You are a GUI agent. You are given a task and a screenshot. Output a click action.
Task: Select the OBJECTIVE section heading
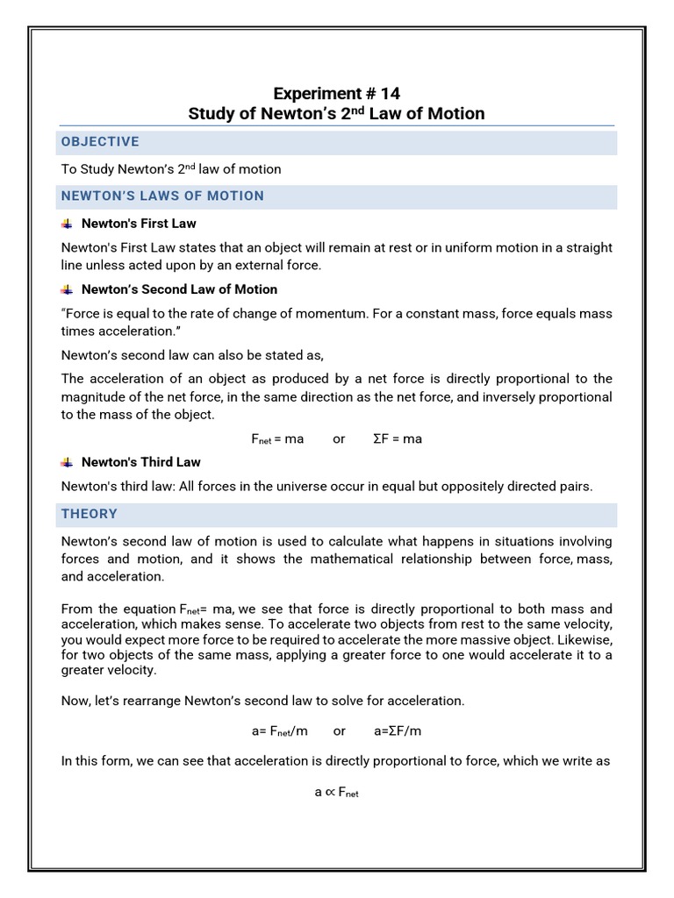tap(99, 142)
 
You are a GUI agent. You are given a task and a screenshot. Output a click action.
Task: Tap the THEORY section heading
tap(90, 514)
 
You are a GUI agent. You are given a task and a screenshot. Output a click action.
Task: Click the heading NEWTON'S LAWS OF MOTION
tap(161, 196)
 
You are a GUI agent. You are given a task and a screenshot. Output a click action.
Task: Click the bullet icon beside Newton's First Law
tap(68, 224)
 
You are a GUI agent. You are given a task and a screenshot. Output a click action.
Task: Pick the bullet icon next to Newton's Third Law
tap(68, 462)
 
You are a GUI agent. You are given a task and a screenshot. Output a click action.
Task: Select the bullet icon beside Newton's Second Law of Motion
tap(68, 289)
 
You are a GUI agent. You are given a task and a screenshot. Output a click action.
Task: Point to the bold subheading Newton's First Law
tap(139, 224)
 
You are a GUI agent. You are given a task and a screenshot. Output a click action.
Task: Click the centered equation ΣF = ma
tap(398, 438)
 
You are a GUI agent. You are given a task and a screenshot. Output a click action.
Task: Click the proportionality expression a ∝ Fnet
tap(337, 791)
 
